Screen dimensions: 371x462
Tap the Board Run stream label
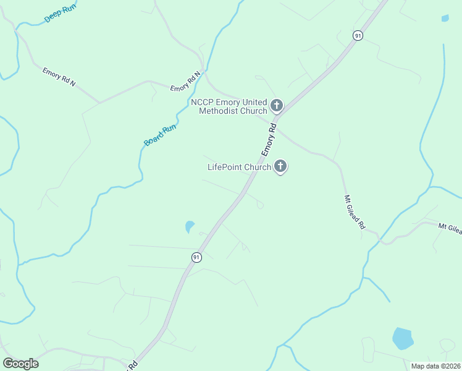pyautogui.click(x=161, y=135)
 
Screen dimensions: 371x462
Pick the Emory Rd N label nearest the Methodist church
pyautogui.click(x=186, y=82)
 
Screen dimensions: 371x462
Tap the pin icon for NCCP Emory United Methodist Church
pyautogui.click(x=276, y=106)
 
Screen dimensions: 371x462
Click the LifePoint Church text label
pyautogui.click(x=239, y=167)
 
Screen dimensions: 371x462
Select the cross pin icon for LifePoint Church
pyautogui.click(x=280, y=166)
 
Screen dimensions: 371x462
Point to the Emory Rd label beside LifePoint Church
pyautogui.click(x=267, y=143)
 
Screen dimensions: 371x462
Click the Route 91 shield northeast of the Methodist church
pyautogui.click(x=358, y=36)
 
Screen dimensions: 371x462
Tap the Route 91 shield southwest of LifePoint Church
pyautogui.click(x=196, y=257)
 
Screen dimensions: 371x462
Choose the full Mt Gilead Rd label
pyautogui.click(x=355, y=213)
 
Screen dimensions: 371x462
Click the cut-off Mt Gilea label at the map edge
pyautogui.click(x=450, y=228)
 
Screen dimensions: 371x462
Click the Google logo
pyautogui.click(x=20, y=364)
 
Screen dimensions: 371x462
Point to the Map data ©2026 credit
pyautogui.click(x=435, y=366)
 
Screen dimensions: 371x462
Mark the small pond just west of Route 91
pyautogui.click(x=190, y=227)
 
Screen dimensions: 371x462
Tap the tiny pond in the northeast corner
pyautogui.click(x=445, y=18)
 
